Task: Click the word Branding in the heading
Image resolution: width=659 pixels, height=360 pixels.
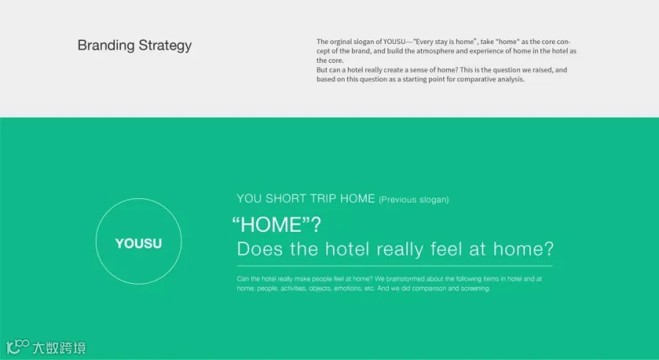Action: pos(106,46)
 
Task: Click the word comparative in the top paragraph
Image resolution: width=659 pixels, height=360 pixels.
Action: pos(475,80)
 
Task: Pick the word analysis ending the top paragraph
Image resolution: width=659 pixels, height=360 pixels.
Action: pos(510,80)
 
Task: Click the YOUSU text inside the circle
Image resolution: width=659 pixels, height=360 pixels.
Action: pos(138,244)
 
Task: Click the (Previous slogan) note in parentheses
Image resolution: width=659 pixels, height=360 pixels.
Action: pos(414,200)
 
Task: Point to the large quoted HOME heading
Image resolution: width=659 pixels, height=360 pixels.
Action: pos(277,225)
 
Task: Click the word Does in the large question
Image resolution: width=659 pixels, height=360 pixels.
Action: pos(260,249)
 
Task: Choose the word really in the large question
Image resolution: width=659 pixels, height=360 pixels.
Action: pos(400,250)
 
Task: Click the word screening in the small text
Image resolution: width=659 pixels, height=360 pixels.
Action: pos(475,288)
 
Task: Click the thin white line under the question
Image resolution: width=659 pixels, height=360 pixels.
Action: pos(395,266)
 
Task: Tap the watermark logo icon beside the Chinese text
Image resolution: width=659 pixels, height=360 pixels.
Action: pos(18,348)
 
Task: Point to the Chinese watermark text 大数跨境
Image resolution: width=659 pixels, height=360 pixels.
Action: pos(59,348)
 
